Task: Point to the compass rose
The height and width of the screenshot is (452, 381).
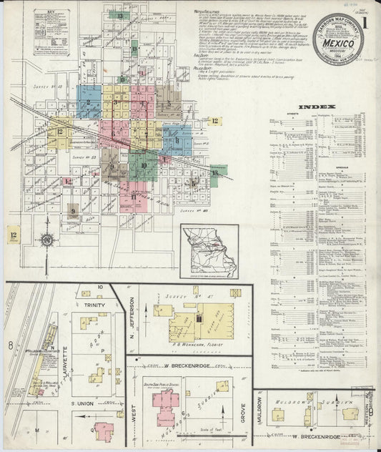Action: [x=47, y=240]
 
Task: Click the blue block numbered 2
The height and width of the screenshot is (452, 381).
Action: [x=89, y=102]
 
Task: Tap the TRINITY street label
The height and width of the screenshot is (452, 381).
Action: [x=96, y=305]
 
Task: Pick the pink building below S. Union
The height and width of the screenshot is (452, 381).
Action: [x=104, y=431]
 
